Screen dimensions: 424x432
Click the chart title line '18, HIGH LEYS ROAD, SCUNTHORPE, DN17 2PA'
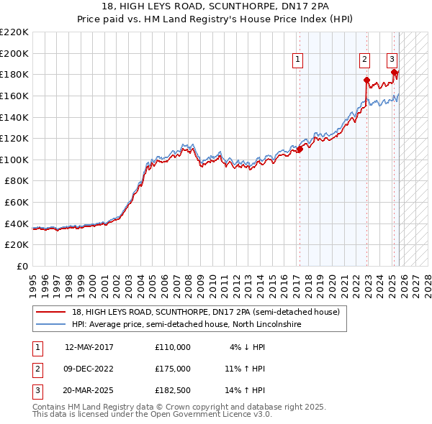(215, 6)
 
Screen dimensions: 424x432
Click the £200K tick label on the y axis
(14, 53)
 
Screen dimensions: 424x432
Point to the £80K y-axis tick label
(17, 181)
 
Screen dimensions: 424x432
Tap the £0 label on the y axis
(22, 267)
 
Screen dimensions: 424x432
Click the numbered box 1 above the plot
(298, 60)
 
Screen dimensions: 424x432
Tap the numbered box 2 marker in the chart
(365, 60)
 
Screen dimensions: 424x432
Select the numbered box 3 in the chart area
(392, 60)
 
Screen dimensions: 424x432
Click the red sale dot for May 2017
(300, 149)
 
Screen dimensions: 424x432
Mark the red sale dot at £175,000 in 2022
(366, 80)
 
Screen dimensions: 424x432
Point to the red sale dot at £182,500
(394, 72)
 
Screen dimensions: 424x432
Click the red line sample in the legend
(51, 312)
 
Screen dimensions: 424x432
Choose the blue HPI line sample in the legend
(51, 324)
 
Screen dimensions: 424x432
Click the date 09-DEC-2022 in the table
(89, 369)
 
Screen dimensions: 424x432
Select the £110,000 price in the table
(172, 347)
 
